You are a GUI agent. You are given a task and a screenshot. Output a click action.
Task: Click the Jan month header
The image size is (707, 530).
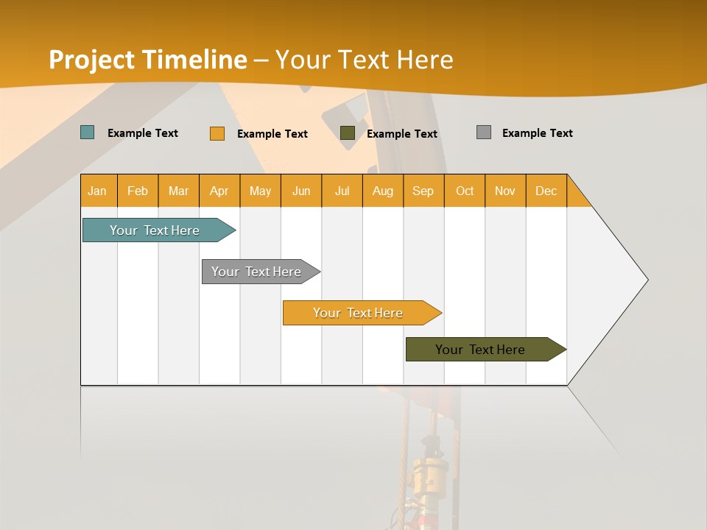[x=97, y=191]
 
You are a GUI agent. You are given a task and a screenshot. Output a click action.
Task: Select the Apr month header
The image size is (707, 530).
[x=219, y=191]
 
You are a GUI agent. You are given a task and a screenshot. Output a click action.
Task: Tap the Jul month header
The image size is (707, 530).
[x=342, y=191]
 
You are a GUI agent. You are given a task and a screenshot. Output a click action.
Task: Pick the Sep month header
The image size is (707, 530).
[x=423, y=191]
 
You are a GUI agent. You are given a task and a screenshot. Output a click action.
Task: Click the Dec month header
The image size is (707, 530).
[x=546, y=191]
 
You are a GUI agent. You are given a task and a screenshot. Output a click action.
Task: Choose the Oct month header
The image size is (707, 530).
[x=465, y=191]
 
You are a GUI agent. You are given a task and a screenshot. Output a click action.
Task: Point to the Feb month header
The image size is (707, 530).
[x=138, y=191]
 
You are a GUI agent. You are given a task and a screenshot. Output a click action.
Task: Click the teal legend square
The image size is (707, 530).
[x=88, y=132]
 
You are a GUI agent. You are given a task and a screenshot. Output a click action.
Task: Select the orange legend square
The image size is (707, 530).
[x=217, y=133]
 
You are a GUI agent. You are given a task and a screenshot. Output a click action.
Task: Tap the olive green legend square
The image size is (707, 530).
[x=348, y=133]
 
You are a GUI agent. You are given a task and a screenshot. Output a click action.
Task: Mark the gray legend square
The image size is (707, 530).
[x=484, y=132]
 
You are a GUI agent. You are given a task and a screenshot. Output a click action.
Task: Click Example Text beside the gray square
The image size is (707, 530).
[x=537, y=133]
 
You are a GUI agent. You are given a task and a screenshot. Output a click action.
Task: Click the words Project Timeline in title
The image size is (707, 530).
[x=148, y=60]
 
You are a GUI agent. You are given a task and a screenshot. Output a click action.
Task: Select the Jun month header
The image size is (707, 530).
[x=301, y=191]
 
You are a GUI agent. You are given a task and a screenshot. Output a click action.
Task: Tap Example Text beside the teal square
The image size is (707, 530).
[x=143, y=133]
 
